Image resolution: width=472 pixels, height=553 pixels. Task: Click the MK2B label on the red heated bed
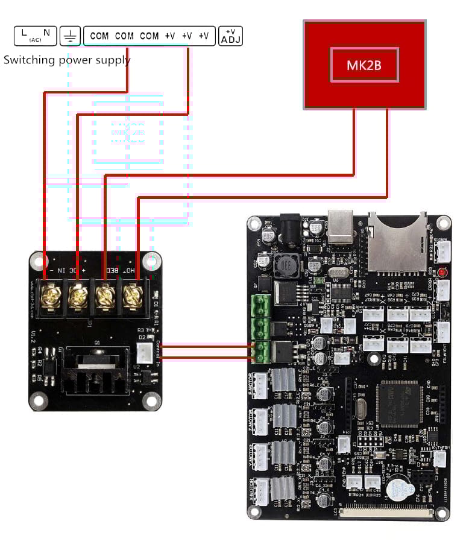[x=364, y=65]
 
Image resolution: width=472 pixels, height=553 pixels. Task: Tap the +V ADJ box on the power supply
[x=230, y=36]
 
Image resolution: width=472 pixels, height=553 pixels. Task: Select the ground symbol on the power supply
[x=71, y=36]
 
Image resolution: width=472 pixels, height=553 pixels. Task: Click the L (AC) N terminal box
[x=35, y=36]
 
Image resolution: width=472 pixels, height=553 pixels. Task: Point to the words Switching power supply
[x=67, y=60]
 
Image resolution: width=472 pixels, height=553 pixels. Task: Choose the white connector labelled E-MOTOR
[x=259, y=386]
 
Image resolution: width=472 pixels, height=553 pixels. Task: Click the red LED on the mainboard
[x=443, y=272]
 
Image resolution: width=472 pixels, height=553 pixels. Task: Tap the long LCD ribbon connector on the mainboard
[x=388, y=513]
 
